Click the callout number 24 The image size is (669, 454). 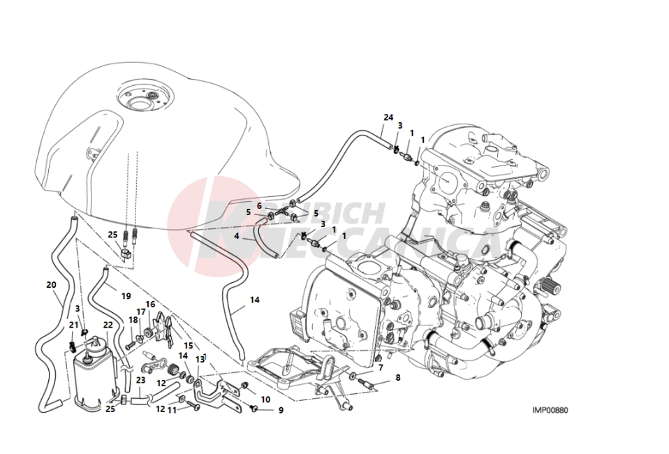coord(388,117)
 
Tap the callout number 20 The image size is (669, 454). coord(51,284)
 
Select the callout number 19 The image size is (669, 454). coord(126,295)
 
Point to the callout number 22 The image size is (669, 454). coord(108,325)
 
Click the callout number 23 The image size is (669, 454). coord(140,381)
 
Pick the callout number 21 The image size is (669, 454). coord(73,325)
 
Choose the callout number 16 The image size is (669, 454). coord(150,305)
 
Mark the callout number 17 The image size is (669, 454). coord(141,312)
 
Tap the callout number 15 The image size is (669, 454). coord(188,345)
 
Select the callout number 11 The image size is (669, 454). coord(172,410)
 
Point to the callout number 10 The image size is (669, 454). coord(265,399)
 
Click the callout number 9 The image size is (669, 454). coord(281,411)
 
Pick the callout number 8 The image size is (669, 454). coord(397,378)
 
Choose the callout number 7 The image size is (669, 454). coord(380,367)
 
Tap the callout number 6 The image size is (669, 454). coord(258,206)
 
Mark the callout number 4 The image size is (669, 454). coord(237,236)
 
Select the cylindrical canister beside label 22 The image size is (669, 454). coord(91,377)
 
